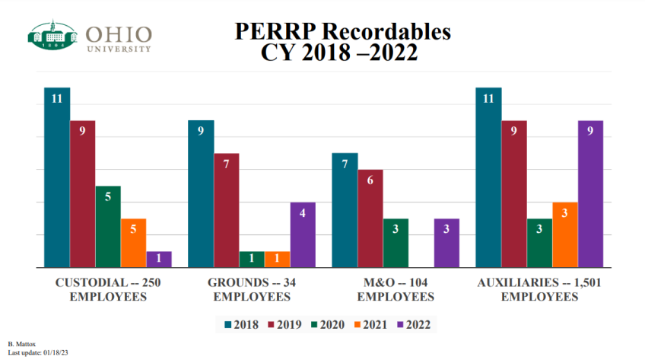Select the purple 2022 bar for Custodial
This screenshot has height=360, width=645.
point(159,260)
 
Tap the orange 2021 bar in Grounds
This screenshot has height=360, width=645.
point(277,260)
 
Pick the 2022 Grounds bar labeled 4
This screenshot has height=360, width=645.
point(303,235)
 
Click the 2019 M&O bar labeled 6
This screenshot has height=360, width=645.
point(370,218)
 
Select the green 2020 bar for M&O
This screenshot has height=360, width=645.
point(396,243)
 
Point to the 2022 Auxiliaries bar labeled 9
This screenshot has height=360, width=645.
point(590,194)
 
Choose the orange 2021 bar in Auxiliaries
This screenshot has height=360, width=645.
point(565,235)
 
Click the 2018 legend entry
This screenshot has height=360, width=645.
point(241,324)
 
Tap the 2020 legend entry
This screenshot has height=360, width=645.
point(328,324)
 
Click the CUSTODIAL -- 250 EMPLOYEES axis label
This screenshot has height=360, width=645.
point(108,289)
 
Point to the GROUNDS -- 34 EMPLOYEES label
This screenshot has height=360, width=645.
point(252,289)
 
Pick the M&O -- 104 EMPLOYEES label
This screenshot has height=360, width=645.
point(396,289)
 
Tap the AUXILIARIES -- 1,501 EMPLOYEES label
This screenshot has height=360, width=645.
point(539,289)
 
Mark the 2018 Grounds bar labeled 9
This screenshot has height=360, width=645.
point(201,194)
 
